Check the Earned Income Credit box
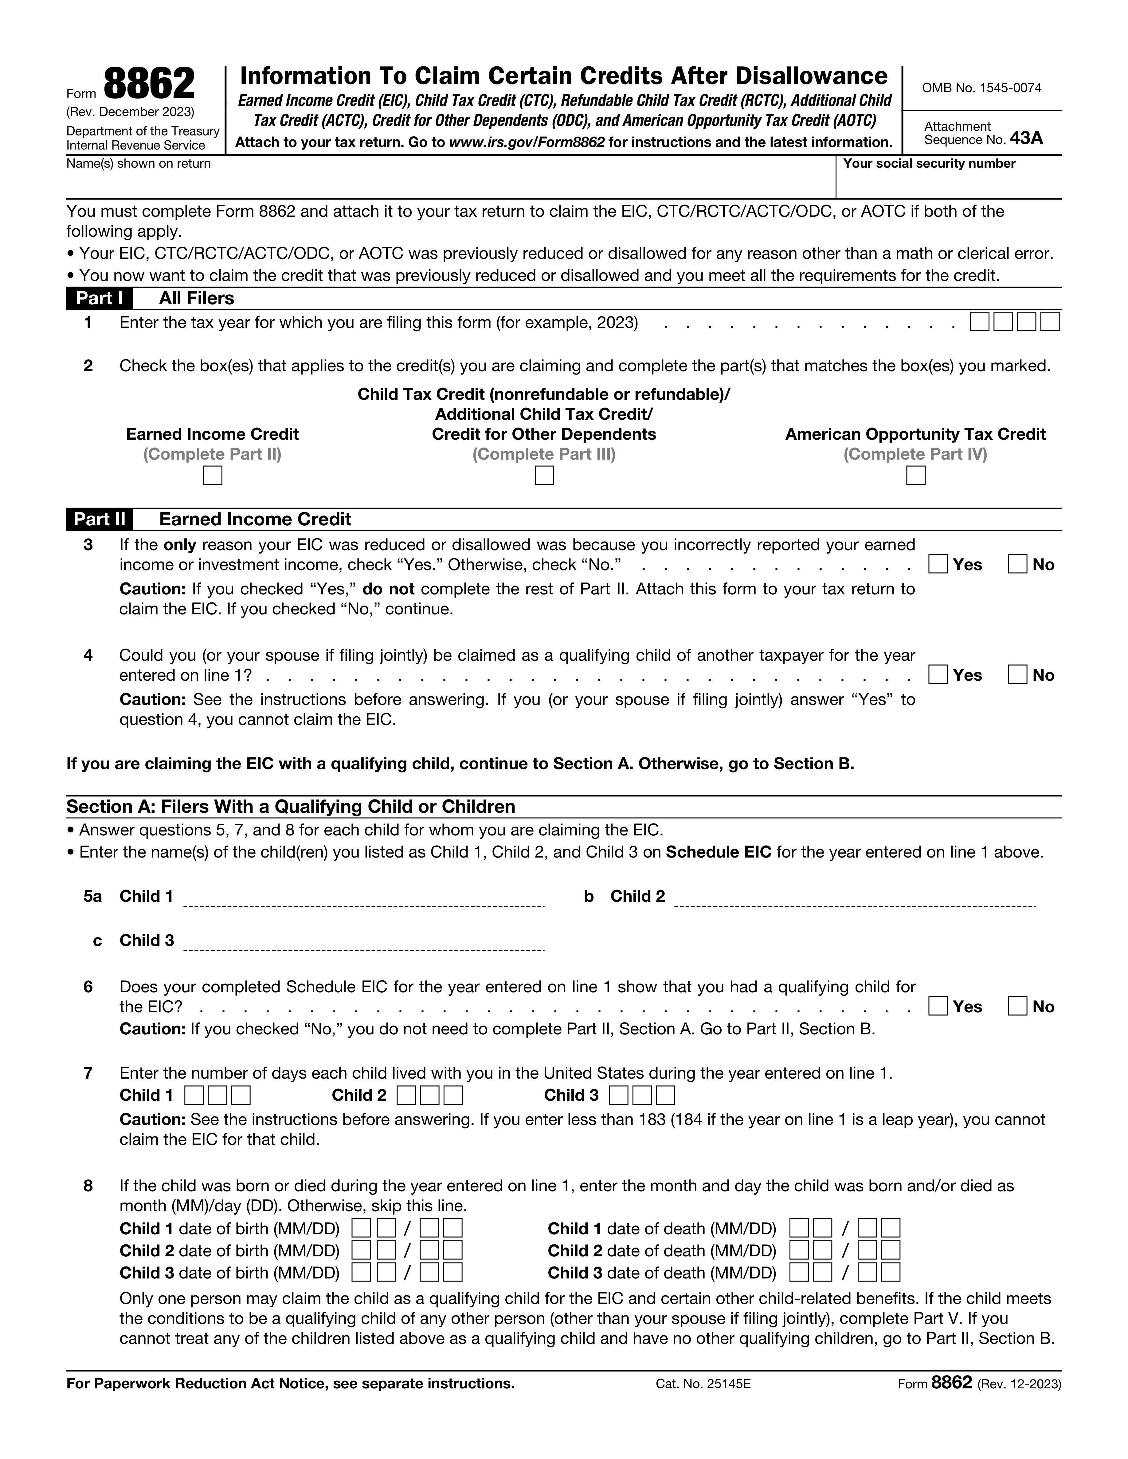pos(213,476)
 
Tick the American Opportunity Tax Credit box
pos(915,476)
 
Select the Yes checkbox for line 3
pos(938,565)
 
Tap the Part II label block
pos(99,519)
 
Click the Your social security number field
pos(949,182)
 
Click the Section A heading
pos(291,807)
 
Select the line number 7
pos(88,1073)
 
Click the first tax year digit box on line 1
pos(980,322)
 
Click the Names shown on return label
pos(138,164)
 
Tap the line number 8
pos(88,1186)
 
